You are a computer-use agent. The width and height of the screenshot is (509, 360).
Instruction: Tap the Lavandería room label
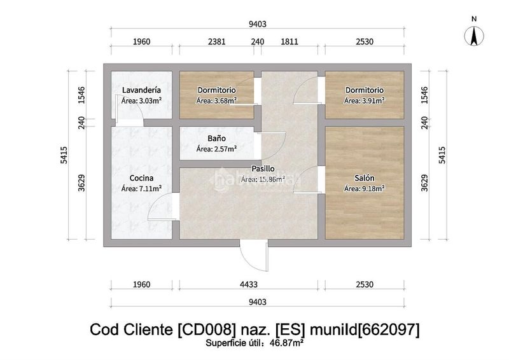(x=141, y=90)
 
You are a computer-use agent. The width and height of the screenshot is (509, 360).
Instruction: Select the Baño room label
(x=216, y=138)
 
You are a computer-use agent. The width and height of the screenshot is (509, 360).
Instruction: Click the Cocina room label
(x=141, y=178)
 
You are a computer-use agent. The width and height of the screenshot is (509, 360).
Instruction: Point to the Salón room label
(x=364, y=178)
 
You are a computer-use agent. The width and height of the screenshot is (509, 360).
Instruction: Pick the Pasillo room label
(x=263, y=169)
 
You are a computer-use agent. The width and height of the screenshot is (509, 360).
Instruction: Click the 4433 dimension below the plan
(x=249, y=284)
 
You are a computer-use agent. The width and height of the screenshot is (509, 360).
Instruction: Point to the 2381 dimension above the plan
(x=216, y=41)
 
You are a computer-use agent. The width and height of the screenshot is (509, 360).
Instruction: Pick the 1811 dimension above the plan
(x=289, y=41)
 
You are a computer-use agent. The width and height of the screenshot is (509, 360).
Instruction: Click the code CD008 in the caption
(x=206, y=329)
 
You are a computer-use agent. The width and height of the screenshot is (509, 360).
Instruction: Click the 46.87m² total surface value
(x=287, y=342)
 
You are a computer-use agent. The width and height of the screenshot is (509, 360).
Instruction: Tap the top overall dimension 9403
(x=258, y=24)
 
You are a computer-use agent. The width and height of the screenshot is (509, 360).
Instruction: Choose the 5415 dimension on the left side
(x=64, y=155)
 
